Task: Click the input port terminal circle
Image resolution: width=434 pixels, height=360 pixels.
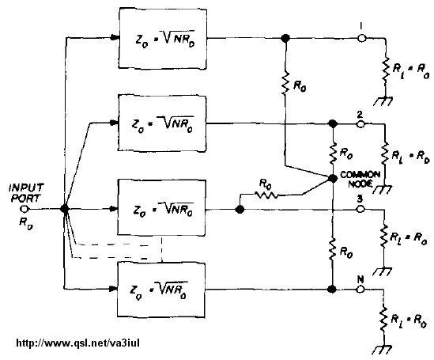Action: click(25, 209)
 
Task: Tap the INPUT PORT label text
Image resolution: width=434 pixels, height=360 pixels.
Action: click(26, 193)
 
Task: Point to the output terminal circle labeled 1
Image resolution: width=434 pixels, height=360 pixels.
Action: click(361, 38)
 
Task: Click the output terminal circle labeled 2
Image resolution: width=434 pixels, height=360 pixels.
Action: click(360, 124)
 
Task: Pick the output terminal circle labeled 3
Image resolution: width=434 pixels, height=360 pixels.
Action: click(360, 209)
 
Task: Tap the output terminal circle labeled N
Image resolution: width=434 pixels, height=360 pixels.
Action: click(360, 290)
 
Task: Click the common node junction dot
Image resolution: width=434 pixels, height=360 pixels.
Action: click(333, 179)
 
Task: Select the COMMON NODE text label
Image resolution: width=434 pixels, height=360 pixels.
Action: click(360, 179)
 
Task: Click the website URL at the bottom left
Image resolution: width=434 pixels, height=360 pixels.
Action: click(78, 343)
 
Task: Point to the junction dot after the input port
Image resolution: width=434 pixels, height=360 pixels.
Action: click(64, 209)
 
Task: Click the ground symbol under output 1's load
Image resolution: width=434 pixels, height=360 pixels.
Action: click(383, 100)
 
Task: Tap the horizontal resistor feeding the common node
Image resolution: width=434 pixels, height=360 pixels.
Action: click(266, 195)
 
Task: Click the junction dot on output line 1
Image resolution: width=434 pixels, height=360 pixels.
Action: click(285, 38)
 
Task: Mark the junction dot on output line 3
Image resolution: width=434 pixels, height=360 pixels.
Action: click(240, 210)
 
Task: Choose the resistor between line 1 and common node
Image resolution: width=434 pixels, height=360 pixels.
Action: click(285, 83)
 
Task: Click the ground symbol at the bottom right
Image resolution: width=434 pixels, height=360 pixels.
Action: click(383, 350)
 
